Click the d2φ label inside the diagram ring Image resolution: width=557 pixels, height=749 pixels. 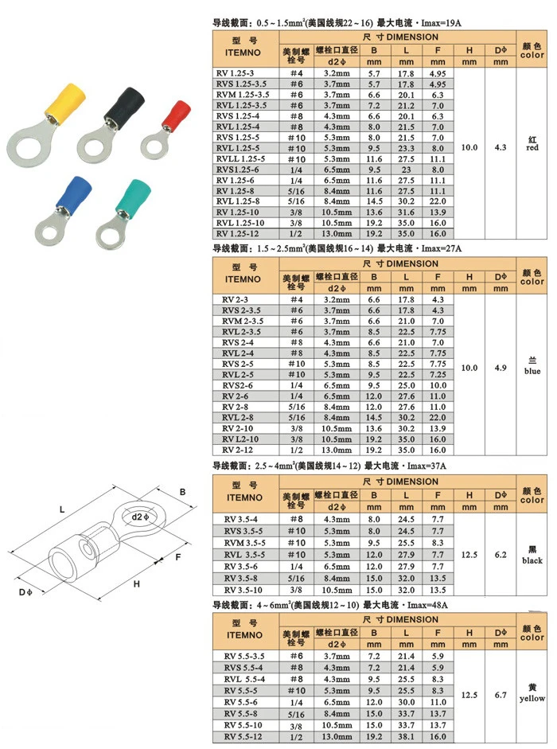point(141,517)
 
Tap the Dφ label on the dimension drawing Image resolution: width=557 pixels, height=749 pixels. point(25,592)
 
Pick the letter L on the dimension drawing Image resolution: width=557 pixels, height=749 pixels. point(61,509)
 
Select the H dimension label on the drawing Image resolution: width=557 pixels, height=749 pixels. point(137,583)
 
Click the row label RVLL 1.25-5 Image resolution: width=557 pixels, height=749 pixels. point(240,158)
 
